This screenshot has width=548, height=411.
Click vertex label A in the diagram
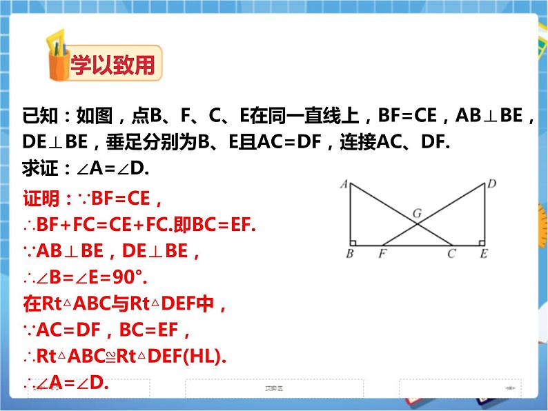pyautogui.click(x=343, y=183)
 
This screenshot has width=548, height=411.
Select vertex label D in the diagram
pyautogui.click(x=491, y=183)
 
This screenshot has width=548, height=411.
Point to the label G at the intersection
pyautogui.click(x=417, y=213)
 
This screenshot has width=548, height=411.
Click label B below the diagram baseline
pyautogui.click(x=350, y=254)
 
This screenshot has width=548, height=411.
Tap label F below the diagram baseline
pyautogui.click(x=382, y=254)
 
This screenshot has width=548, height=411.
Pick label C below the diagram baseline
pyautogui.click(x=451, y=254)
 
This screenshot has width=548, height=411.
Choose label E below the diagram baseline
pyautogui.click(x=484, y=254)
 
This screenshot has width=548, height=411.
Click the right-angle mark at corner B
pyautogui.click(x=353, y=242)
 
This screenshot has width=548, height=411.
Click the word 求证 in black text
pyautogui.click(x=40, y=168)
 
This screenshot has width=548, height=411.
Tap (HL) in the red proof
pyautogui.click(x=210, y=357)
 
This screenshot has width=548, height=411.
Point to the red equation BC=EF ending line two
pyautogui.click(x=219, y=225)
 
